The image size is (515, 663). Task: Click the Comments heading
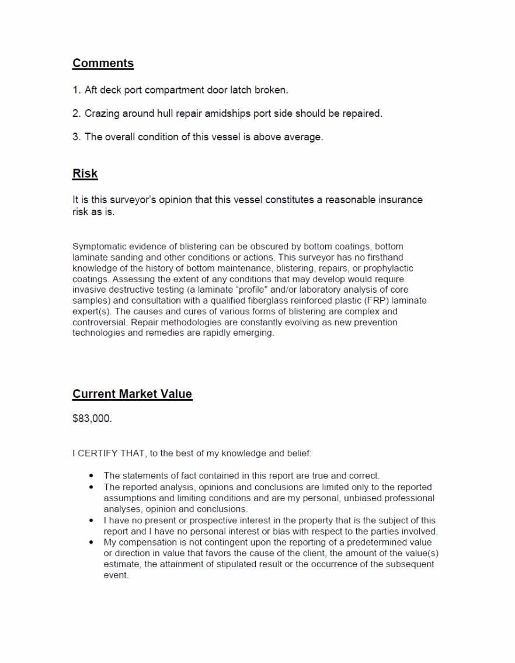[103, 63]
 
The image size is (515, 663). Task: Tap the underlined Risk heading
[85, 173]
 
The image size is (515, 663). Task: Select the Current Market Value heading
[132, 394]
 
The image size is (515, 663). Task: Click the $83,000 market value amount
[92, 419]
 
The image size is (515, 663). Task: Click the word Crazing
[102, 113]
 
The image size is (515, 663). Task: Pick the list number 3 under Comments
[76, 137]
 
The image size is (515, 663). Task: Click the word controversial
[99, 322]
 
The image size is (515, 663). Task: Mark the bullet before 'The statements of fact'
[91, 475]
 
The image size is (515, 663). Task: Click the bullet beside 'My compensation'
[91, 542]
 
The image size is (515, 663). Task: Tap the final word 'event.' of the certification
[116, 575]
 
